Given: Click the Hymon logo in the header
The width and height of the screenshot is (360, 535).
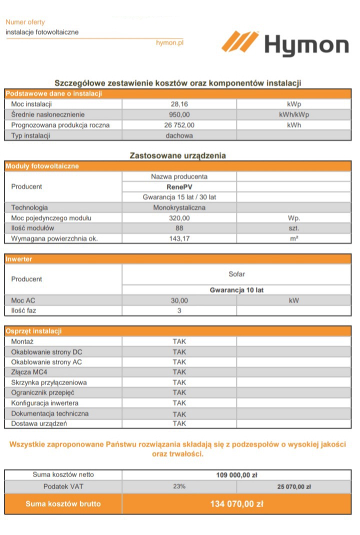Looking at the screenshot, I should point(285,43).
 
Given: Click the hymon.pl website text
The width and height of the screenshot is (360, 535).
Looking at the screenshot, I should point(169,43).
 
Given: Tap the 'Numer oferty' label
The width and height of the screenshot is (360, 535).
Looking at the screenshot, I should point(25,22).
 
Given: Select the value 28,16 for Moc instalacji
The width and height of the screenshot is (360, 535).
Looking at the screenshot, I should point(179,104).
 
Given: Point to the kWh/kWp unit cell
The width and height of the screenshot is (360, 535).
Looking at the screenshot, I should point(294,114).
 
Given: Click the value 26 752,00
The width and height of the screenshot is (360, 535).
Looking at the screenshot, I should point(179,125).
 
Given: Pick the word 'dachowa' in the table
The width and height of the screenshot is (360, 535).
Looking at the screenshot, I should point(179,135).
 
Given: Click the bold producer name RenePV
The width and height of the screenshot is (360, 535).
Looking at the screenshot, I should point(179,187).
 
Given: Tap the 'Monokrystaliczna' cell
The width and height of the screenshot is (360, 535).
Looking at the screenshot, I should point(179,207).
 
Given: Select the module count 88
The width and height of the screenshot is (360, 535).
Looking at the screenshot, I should point(179,228).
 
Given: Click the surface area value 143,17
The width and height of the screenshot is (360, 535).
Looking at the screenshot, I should point(179,239).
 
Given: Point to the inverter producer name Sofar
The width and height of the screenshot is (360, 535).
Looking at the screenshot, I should point(236,274).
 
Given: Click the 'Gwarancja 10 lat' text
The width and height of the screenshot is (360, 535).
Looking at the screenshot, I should point(236,290).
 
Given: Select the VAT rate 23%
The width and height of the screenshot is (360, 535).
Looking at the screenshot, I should point(179,486).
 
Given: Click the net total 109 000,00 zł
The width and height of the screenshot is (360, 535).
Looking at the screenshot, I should point(236,475).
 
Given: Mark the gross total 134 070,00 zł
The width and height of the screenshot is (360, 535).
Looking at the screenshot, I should point(236,504).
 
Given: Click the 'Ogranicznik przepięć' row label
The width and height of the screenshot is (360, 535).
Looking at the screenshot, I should point(42,392).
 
